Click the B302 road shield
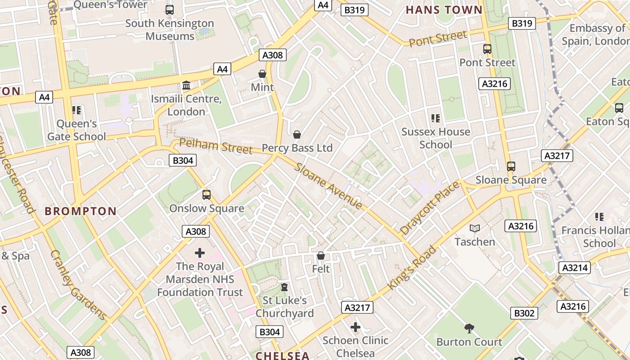(x=524, y=313)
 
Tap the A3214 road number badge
(x=575, y=268)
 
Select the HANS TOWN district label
(x=444, y=10)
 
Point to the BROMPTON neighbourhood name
(x=81, y=211)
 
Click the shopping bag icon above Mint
(x=262, y=73)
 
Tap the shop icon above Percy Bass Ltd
(x=297, y=134)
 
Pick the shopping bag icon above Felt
(x=321, y=256)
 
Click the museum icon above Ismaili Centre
(x=186, y=85)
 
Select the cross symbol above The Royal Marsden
(x=200, y=253)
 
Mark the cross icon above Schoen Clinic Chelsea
(x=355, y=327)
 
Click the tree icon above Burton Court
(x=469, y=328)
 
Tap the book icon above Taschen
(x=475, y=229)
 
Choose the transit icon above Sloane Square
(x=511, y=166)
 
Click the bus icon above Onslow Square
(x=207, y=194)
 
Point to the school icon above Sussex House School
(x=435, y=118)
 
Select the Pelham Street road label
(x=216, y=146)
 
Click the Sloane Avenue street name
(x=328, y=186)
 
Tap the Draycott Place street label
(x=429, y=208)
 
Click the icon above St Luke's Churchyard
(x=284, y=287)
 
